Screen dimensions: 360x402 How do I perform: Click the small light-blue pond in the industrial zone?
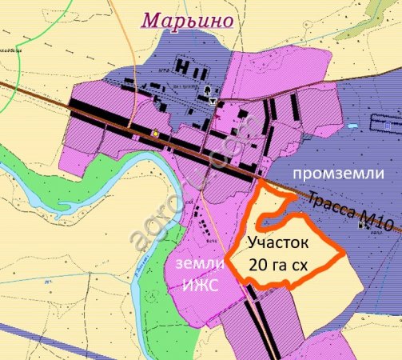pos(352,126)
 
